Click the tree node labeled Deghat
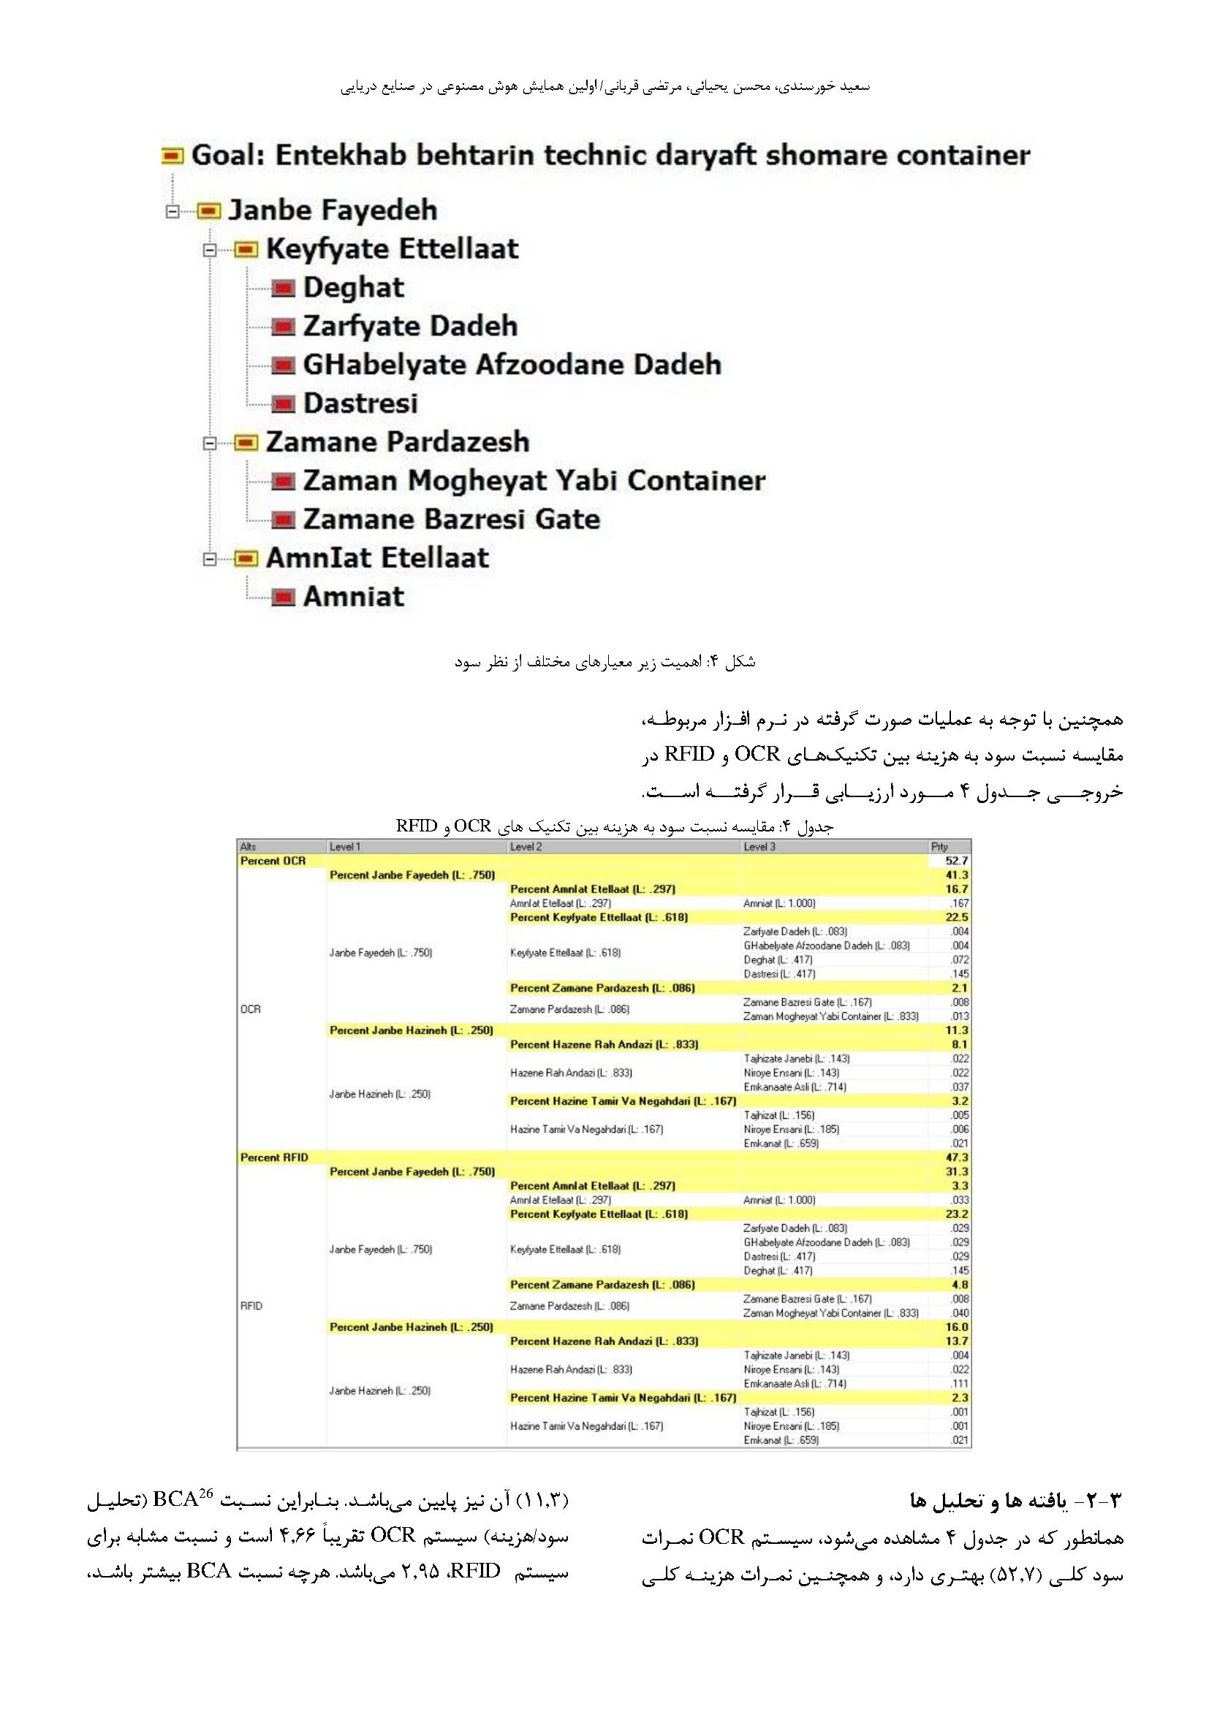(353, 288)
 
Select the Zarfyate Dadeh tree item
(409, 327)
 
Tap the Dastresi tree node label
(360, 404)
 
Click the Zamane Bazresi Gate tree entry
(451, 519)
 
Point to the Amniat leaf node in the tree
(353, 597)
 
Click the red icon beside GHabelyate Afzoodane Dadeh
(283, 365)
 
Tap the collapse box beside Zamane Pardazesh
(211, 444)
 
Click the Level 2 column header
(526, 847)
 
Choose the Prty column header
(939, 847)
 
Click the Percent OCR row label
(273, 861)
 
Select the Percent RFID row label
(274, 1158)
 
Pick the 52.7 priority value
(957, 861)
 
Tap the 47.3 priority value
(957, 1158)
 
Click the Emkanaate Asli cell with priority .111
(795, 1384)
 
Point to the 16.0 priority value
(957, 1327)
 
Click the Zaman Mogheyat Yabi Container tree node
(534, 481)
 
